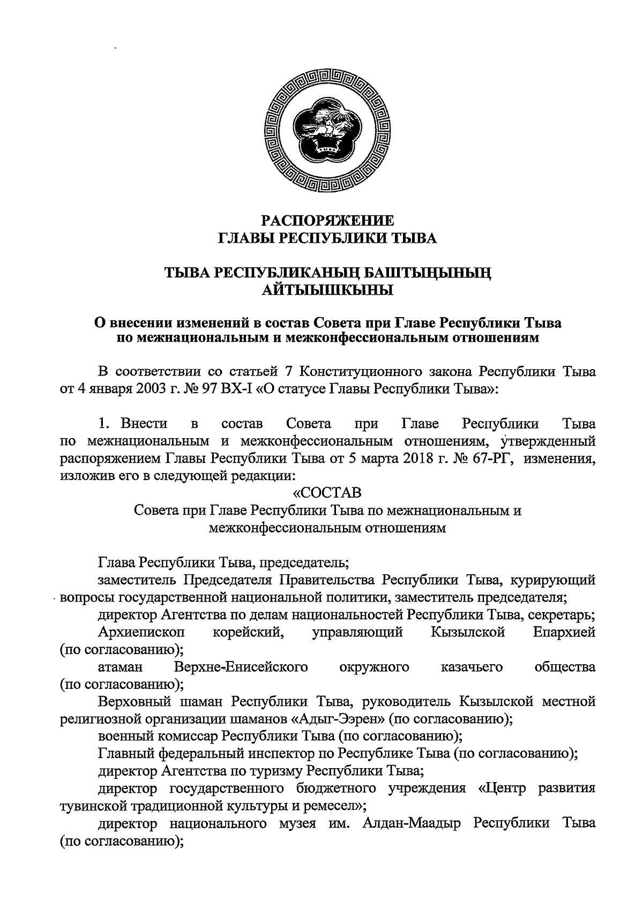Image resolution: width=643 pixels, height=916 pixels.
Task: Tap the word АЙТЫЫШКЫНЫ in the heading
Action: point(327,290)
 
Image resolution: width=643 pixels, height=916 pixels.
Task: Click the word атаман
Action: point(121,667)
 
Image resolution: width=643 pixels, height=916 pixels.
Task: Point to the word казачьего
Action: point(472,667)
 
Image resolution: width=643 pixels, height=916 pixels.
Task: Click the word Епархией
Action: point(564,633)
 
